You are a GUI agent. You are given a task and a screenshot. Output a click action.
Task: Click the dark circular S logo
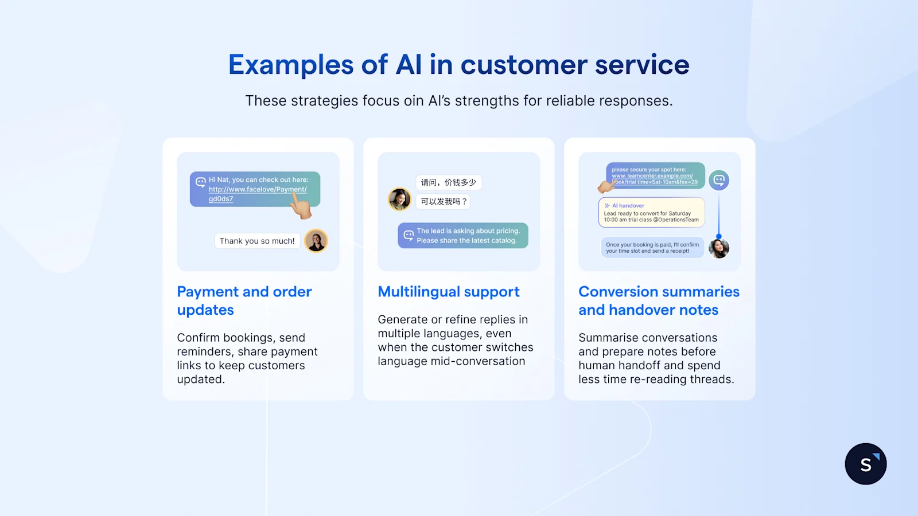point(865,464)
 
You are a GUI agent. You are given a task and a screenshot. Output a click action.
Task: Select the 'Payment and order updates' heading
point(244,300)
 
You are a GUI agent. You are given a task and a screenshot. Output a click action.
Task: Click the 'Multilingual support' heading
point(448,292)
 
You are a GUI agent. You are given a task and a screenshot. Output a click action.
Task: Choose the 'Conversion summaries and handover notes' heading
point(659,300)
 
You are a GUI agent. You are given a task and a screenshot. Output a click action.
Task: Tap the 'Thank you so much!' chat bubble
point(257,241)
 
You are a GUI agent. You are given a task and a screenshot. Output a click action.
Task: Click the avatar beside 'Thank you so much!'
point(316,241)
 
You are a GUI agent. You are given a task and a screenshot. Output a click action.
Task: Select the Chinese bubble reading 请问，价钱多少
point(448,182)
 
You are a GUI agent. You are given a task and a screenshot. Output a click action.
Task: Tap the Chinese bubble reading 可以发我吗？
point(443,201)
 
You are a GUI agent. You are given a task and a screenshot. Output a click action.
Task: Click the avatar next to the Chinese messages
point(399,200)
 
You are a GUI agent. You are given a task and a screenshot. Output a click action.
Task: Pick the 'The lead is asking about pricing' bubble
point(462,236)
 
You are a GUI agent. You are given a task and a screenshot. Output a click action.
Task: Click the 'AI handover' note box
point(651,213)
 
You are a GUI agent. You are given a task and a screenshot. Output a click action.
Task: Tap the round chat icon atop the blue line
point(719,180)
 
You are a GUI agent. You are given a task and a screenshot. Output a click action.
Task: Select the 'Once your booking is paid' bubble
point(652,248)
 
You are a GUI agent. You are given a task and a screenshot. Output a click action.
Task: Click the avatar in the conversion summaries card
point(719,248)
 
